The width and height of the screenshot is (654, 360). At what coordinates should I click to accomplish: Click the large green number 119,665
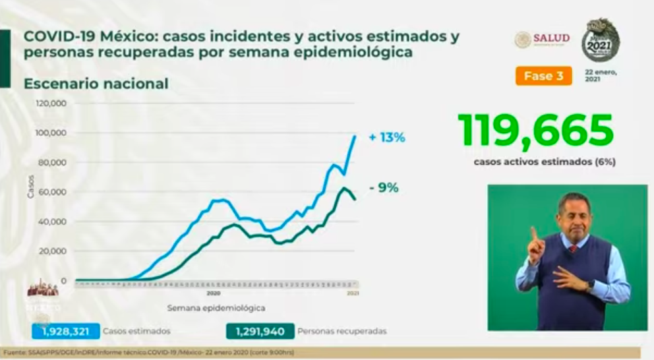535,131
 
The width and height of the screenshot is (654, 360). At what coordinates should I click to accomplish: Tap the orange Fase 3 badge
543,76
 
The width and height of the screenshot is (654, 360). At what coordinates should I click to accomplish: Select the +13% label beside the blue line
387,138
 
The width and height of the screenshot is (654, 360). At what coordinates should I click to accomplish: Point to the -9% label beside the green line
384,188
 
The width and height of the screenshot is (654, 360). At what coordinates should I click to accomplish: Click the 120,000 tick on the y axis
51,104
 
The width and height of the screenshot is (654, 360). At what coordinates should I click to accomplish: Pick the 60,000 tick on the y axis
53,192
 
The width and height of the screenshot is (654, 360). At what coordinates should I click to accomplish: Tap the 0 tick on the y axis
64,280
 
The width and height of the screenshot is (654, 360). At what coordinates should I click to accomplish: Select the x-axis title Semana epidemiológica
216,307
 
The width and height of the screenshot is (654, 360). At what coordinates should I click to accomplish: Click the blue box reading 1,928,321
65,331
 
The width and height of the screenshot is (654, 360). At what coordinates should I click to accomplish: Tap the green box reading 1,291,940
259,331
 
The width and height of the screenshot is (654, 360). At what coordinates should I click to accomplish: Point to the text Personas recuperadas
342,331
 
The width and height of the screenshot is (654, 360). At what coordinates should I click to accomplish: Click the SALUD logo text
552,38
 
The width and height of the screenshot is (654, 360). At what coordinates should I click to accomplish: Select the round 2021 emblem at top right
600,40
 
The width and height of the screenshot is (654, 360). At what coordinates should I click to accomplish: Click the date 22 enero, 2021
601,75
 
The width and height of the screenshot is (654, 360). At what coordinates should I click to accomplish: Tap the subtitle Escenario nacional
96,84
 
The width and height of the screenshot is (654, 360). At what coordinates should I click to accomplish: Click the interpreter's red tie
573,249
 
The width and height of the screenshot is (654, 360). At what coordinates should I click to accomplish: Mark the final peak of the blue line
355,136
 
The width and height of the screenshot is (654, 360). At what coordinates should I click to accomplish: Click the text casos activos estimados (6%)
544,161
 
